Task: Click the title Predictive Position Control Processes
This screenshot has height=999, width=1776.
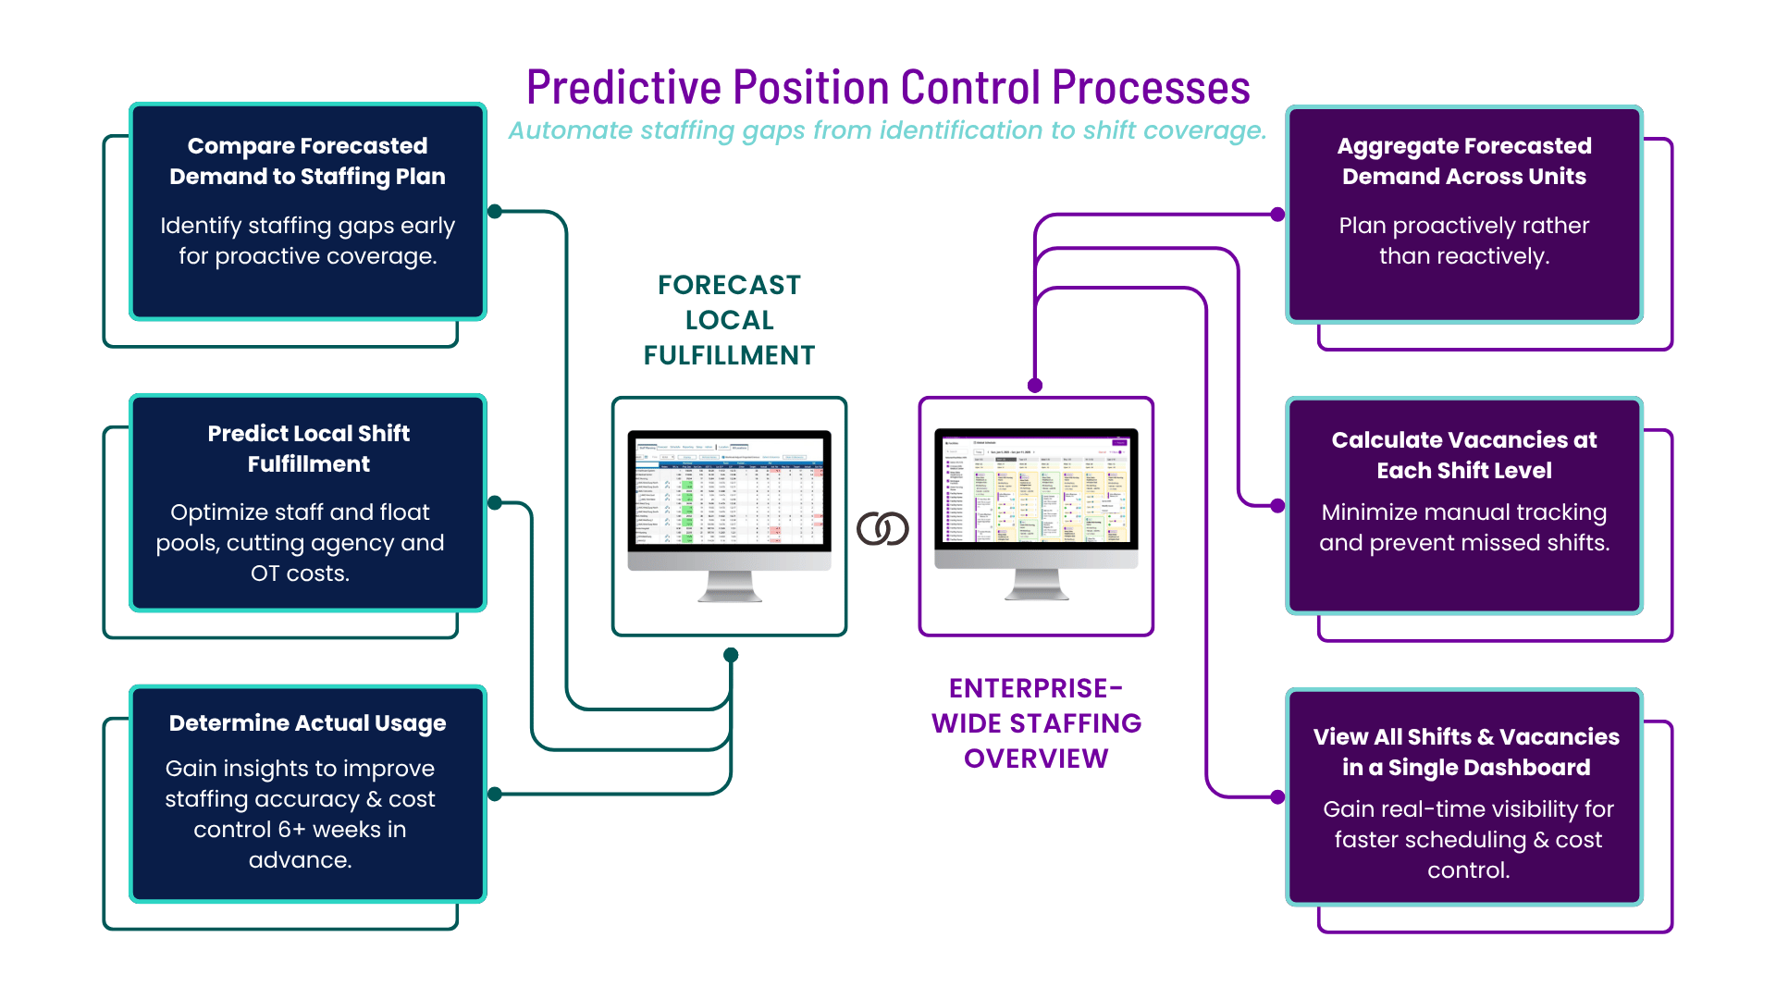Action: (x=888, y=88)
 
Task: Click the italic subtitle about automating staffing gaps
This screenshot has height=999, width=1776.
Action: (x=888, y=130)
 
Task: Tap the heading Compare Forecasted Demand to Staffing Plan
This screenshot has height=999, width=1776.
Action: (x=307, y=161)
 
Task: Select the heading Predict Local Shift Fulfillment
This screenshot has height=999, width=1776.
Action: (x=308, y=449)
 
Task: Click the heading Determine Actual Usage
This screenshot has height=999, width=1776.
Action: (x=307, y=723)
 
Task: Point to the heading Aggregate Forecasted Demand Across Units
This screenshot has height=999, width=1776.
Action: (x=1464, y=161)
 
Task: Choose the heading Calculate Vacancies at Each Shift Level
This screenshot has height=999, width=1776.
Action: (x=1464, y=455)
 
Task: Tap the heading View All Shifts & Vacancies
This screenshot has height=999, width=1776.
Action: (x=1466, y=752)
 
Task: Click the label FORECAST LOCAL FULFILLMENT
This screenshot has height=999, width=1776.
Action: (x=729, y=320)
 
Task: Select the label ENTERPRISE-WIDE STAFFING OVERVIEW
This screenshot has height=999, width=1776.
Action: (x=1036, y=723)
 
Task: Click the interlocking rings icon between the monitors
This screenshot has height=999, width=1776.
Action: (x=882, y=529)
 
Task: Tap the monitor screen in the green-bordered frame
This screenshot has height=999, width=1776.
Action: (x=729, y=491)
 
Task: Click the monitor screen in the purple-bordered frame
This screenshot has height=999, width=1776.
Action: (x=1036, y=489)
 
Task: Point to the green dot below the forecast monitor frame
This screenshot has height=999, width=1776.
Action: (x=731, y=655)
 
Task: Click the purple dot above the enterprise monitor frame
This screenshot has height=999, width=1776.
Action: (x=1035, y=386)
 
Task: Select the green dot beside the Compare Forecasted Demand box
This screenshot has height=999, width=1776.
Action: (x=495, y=211)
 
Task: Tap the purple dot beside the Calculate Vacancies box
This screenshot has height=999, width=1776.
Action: (x=1277, y=506)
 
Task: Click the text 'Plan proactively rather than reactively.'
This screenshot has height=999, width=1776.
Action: (x=1464, y=240)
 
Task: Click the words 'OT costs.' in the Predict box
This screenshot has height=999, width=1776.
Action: (x=300, y=573)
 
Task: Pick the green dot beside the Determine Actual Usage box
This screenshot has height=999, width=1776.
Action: (x=495, y=794)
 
